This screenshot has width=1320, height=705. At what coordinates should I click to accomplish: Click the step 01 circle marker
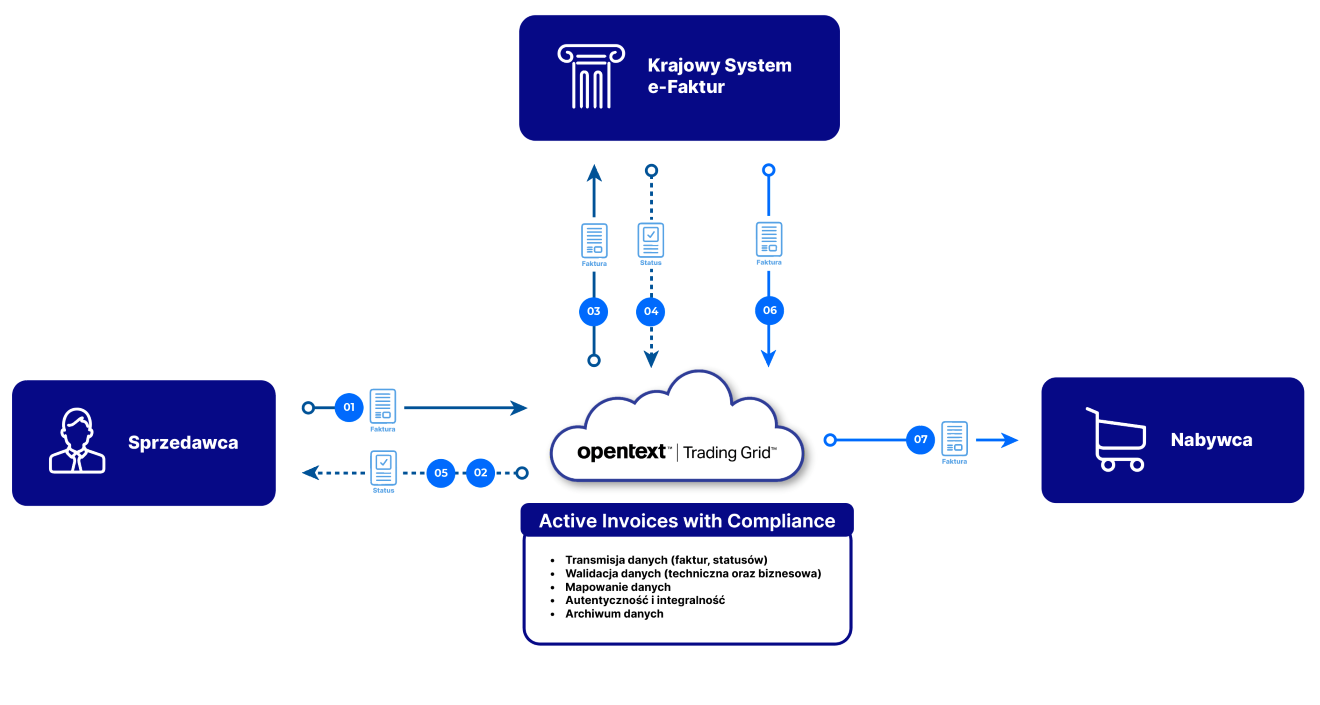click(349, 407)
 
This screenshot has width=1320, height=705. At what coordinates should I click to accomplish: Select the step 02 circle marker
click(481, 472)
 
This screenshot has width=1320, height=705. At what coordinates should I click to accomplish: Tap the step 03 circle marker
click(594, 311)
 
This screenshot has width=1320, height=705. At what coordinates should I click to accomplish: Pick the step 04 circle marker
click(651, 311)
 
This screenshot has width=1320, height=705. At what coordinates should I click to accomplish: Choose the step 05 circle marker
click(441, 472)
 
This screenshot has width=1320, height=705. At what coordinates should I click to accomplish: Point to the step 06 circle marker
click(769, 310)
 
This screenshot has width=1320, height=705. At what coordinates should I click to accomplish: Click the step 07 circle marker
click(921, 439)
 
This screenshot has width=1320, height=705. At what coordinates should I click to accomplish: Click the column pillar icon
click(590, 77)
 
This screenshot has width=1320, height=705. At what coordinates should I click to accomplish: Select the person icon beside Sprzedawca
click(77, 441)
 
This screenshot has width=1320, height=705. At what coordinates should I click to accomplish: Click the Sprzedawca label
click(183, 442)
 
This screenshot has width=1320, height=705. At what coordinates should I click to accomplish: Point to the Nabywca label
click(1211, 439)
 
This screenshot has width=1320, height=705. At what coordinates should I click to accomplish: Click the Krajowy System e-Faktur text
click(719, 76)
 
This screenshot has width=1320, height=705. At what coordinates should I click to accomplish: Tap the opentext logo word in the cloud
click(621, 452)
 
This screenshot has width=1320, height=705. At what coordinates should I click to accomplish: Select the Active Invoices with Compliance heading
click(686, 521)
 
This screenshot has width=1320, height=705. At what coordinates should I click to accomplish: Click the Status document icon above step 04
click(651, 240)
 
